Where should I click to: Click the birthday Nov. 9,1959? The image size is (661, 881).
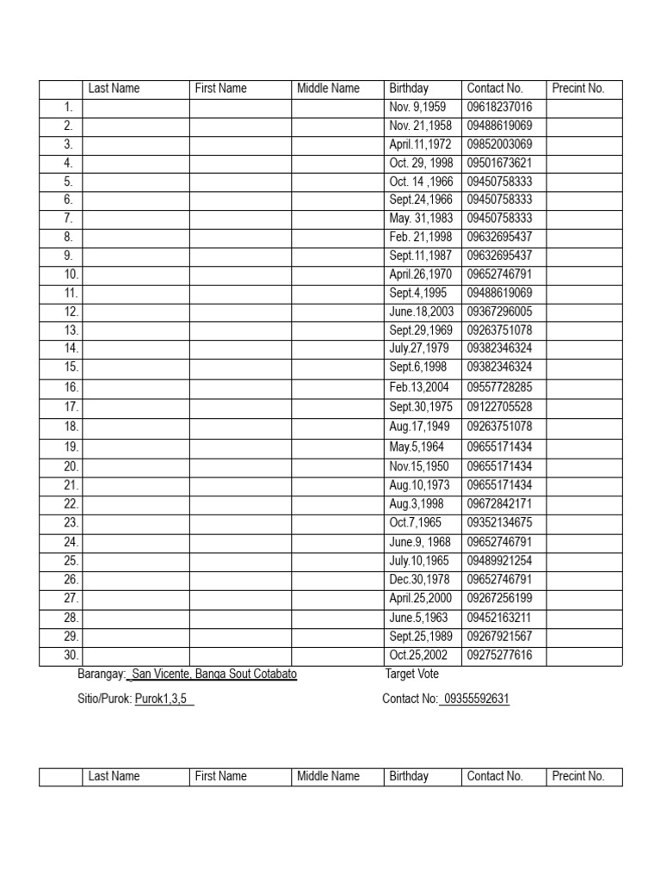[417, 108]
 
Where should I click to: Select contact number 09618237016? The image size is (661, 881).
[499, 108]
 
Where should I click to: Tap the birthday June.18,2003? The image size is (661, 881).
[420, 311]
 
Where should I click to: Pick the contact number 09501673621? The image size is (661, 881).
[499, 163]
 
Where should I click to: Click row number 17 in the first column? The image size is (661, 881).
[71, 407]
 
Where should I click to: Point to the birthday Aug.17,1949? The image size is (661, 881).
[419, 427]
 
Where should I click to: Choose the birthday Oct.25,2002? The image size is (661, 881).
[419, 656]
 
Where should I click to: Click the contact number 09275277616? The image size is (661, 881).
[499, 656]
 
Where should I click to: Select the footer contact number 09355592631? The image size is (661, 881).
[475, 699]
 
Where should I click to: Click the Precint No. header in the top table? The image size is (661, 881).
[578, 89]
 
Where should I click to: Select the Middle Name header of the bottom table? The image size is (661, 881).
[328, 776]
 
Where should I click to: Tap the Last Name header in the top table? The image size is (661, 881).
[114, 89]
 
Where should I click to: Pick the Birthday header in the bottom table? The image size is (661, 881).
[409, 776]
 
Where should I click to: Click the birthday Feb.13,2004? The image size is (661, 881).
[419, 388]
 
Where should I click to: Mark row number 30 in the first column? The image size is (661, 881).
[71, 656]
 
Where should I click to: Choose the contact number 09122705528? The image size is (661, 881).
[499, 407]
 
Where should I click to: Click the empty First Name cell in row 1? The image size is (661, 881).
[240, 108]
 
